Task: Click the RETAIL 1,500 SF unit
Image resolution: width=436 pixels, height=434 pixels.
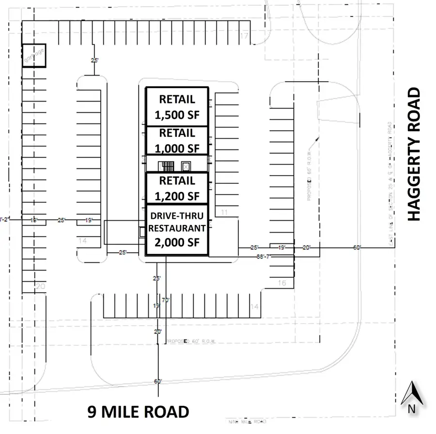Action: point(177,106)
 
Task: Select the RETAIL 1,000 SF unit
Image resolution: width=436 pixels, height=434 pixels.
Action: point(177,140)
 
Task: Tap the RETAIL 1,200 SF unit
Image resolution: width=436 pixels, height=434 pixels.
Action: point(177,188)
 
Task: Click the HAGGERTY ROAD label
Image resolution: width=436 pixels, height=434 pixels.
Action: point(414,154)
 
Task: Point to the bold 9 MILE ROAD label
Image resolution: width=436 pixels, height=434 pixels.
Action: point(138,412)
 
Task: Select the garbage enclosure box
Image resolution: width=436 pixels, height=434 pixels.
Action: point(34,56)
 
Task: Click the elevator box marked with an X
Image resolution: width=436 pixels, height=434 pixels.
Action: point(186,167)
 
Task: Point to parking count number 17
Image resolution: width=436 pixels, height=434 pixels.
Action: point(244,37)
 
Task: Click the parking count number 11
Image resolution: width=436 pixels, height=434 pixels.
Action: point(224,212)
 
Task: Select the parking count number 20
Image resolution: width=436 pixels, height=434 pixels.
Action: point(40,287)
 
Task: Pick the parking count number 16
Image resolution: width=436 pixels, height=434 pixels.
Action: point(282,283)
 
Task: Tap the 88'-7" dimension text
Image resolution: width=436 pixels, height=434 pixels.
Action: point(265,257)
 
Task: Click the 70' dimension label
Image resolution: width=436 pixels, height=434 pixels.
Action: point(166,300)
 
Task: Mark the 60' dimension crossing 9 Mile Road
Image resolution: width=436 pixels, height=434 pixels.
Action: point(157,382)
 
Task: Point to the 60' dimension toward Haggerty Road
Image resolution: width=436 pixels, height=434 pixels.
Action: point(357,248)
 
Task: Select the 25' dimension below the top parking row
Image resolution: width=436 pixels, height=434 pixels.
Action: point(94,60)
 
